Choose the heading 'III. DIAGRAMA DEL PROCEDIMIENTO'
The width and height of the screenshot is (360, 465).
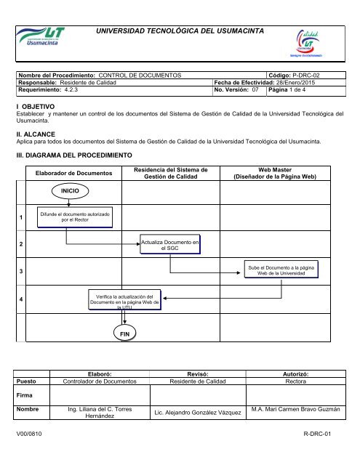[75, 155]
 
